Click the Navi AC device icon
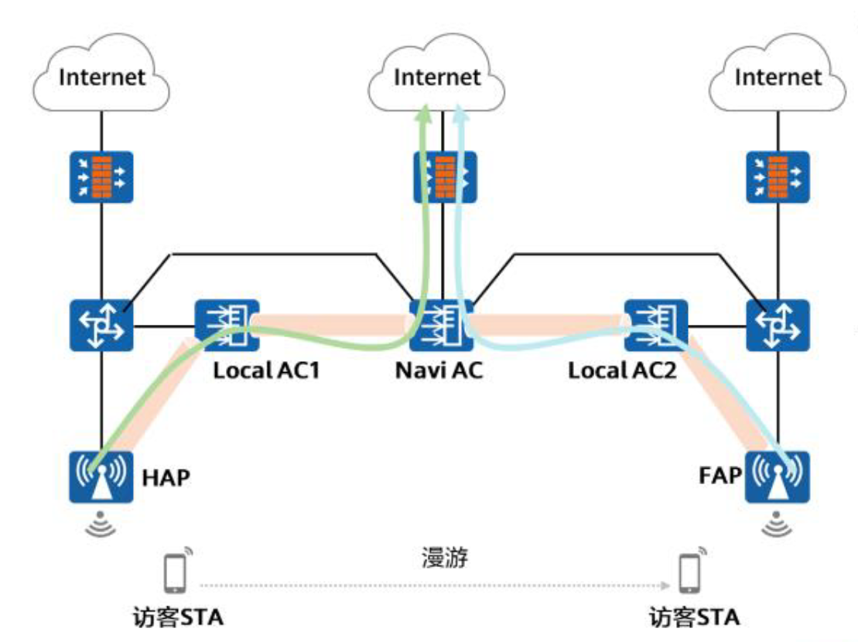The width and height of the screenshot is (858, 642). tap(442, 326)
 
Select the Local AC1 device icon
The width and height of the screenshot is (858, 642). tap(227, 326)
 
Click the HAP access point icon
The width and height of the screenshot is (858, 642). tap(101, 476)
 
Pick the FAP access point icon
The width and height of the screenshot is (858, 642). tap(777, 476)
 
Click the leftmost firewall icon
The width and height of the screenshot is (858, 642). tap(101, 177)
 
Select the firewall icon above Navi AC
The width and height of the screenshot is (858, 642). tap(445, 177)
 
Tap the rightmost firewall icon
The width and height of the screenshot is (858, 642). tap(778, 177)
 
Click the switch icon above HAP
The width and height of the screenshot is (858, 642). tap(101, 326)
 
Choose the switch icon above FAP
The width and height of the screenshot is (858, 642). tap(778, 326)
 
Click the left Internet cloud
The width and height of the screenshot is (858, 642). tap(101, 73)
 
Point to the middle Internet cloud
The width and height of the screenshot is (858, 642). tap(436, 73)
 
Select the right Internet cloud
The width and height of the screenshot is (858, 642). tap(778, 73)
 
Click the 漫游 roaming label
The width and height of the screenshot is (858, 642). tap(444, 558)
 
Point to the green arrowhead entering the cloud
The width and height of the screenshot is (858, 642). tap(423, 114)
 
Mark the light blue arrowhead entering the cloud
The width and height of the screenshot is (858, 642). tap(460, 114)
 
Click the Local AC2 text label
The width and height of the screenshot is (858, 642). tap(622, 371)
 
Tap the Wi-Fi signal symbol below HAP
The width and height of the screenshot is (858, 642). tap(101, 524)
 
